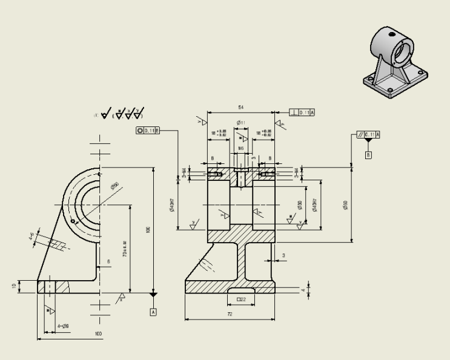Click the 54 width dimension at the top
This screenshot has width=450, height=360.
pyautogui.click(x=241, y=107)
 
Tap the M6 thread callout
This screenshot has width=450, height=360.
pyautogui.click(x=240, y=147)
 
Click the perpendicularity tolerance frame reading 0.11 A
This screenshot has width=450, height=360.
pyautogui.click(x=303, y=113)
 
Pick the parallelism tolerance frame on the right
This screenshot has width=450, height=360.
pyautogui.click(x=369, y=134)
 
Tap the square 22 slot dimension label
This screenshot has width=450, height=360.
pyautogui.click(x=240, y=299)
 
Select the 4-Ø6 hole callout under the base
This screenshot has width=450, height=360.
pyautogui.click(x=63, y=326)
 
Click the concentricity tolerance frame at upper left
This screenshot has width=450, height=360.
pyautogui.click(x=148, y=130)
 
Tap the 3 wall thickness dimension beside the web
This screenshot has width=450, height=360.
pyautogui.click(x=283, y=255)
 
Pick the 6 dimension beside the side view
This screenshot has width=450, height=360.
pyautogui.click(x=109, y=262)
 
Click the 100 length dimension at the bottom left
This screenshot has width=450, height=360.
pyautogui.click(x=98, y=335)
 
